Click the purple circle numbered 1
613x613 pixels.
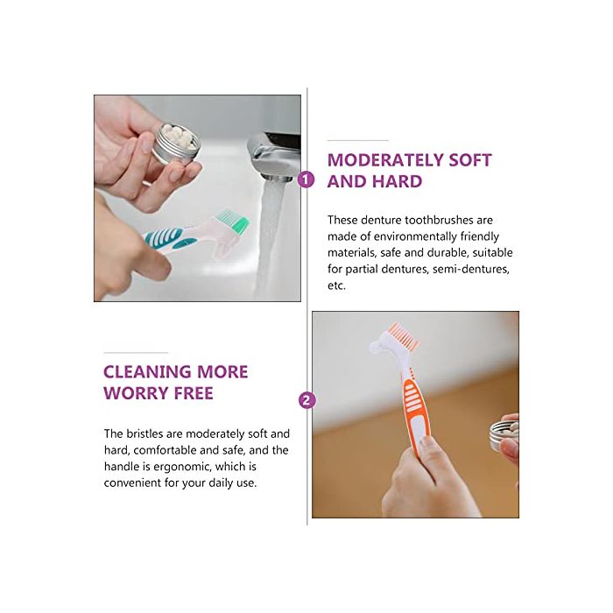click(x=306, y=180)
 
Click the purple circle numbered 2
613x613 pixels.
click(x=306, y=400)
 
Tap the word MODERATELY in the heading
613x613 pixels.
click(x=384, y=160)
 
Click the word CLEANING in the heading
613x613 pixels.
click(x=147, y=372)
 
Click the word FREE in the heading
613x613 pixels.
click(x=194, y=393)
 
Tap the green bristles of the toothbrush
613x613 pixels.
click(x=233, y=221)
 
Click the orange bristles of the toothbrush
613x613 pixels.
click(x=401, y=335)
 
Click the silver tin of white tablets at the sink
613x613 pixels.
click(x=175, y=144)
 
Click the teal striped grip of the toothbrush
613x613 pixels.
click(x=164, y=237)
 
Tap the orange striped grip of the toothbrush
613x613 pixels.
click(x=415, y=406)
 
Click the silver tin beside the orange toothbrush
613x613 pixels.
click(x=504, y=435)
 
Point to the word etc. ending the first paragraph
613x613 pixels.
click(x=336, y=285)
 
